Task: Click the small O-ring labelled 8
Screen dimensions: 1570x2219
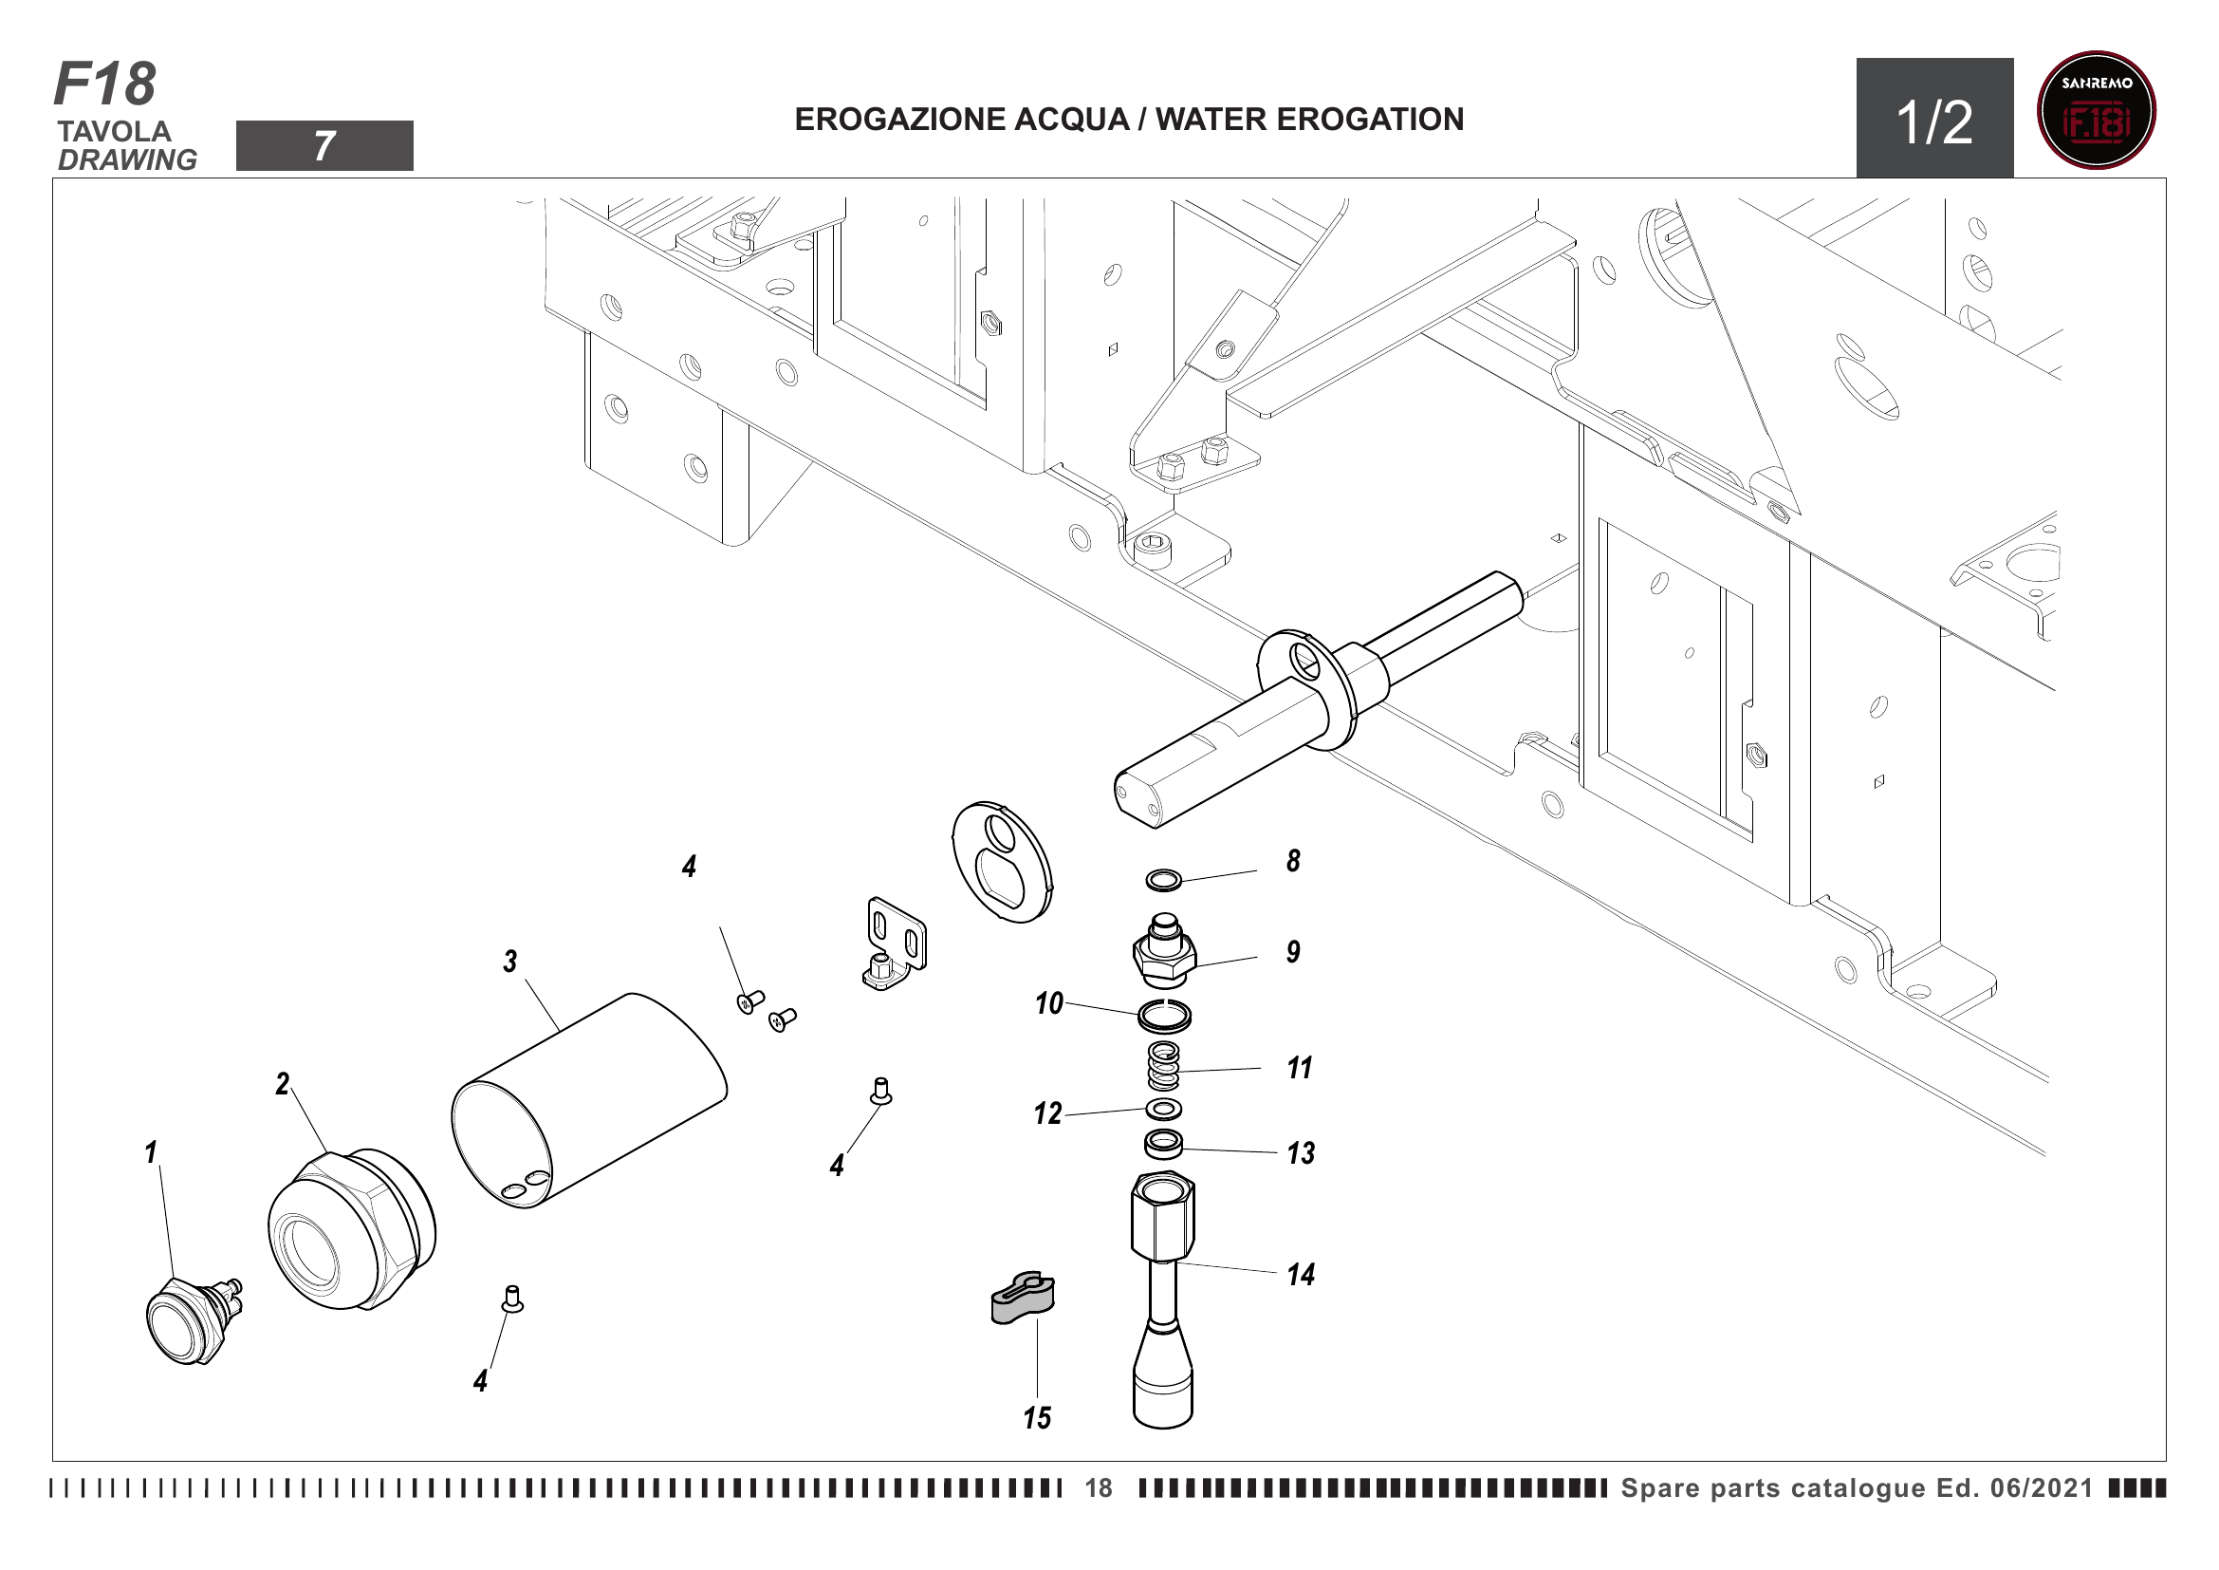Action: click(1164, 881)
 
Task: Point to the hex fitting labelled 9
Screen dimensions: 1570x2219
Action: click(1165, 953)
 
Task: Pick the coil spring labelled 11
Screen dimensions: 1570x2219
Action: click(1164, 1066)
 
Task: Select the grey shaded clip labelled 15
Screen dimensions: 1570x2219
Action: click(1023, 1298)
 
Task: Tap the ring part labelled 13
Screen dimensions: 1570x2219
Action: click(1164, 1144)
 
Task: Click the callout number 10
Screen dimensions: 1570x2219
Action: click(1048, 1004)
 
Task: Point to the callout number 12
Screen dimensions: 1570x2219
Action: click(1047, 1114)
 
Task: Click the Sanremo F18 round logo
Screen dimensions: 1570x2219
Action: click(2096, 110)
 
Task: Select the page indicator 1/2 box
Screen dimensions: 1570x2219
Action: click(1933, 118)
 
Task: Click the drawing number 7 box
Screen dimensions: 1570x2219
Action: click(324, 146)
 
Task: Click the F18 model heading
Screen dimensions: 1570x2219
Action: click(104, 84)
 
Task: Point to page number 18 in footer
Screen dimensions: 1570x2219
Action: click(1098, 1488)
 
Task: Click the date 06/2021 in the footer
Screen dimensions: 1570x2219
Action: click(2042, 1488)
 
